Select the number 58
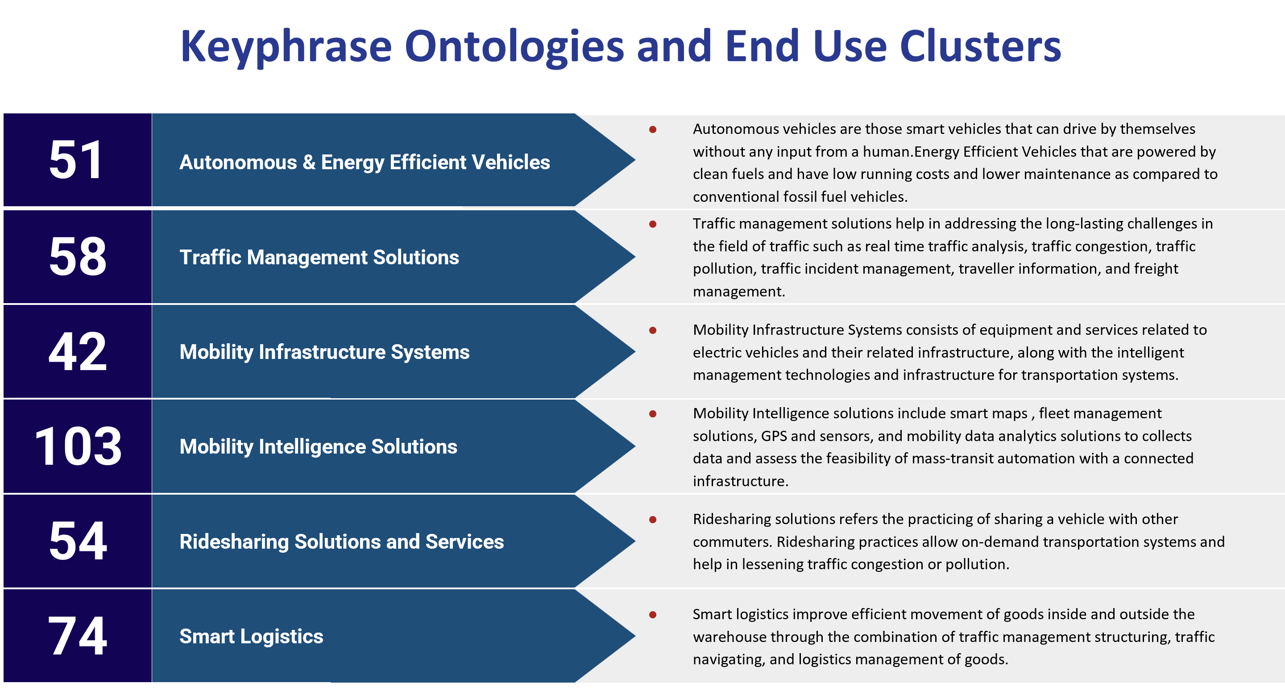click(78, 257)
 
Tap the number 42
click(77, 351)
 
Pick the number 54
click(78, 541)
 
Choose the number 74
click(77, 636)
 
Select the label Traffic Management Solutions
click(319, 258)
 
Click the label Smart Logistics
click(251, 637)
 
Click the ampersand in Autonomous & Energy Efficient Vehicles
click(309, 162)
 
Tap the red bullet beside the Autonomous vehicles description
click(652, 130)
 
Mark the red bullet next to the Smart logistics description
click(652, 615)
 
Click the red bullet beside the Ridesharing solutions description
click(652, 520)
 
